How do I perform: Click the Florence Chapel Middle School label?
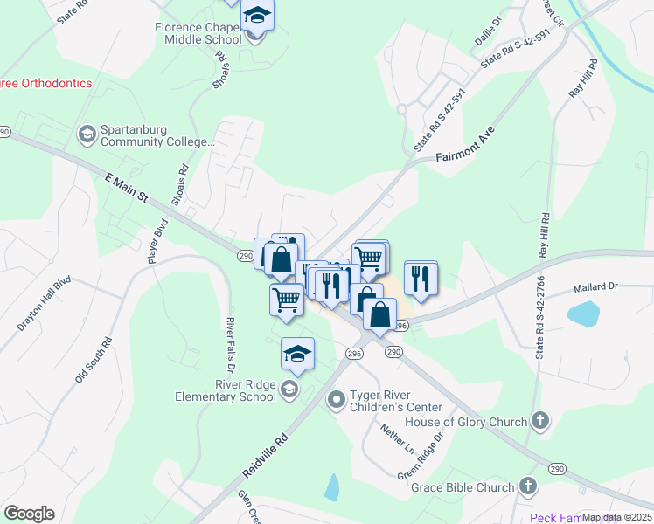point(198,33)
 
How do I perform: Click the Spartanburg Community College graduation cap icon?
point(87,134)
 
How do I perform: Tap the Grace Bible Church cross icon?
point(527,486)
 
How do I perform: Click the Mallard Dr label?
point(595,286)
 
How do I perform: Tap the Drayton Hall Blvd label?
point(43,305)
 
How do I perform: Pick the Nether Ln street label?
point(396,438)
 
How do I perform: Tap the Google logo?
point(29,514)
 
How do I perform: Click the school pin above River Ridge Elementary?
point(297,354)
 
